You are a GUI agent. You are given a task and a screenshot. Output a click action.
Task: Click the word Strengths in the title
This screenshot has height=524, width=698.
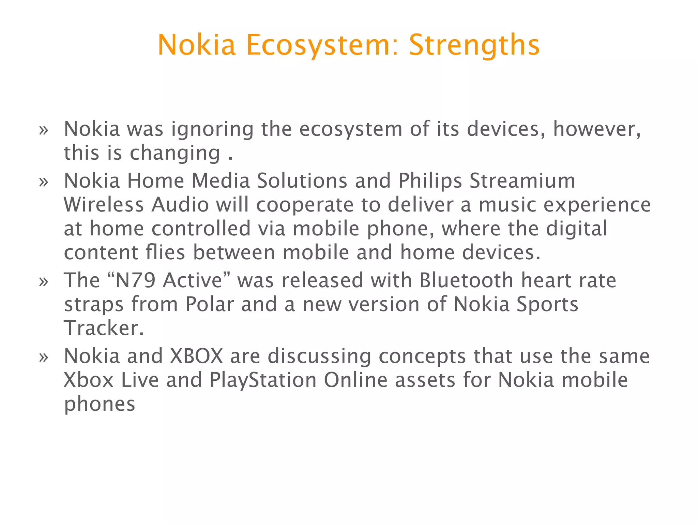pyautogui.click(x=474, y=45)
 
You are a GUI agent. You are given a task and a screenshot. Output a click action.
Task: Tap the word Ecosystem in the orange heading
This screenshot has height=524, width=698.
pyautogui.click(x=322, y=45)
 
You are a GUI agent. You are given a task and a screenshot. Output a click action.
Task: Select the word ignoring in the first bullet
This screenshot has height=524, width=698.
pyautogui.click(x=212, y=130)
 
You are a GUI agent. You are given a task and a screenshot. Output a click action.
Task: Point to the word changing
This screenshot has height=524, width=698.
pyautogui.click(x=175, y=153)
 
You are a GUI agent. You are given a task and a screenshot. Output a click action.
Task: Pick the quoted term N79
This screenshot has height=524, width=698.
pyautogui.click(x=136, y=280)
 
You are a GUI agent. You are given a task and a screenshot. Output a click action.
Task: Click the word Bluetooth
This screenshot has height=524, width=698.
pyautogui.click(x=466, y=280)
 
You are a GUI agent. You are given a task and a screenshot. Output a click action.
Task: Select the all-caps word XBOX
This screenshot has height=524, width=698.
pyautogui.click(x=196, y=356)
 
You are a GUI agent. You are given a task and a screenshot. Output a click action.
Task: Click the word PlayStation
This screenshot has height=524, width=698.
pyautogui.click(x=263, y=380)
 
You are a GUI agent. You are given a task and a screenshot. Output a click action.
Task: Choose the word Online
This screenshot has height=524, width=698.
pyautogui.click(x=355, y=380)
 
